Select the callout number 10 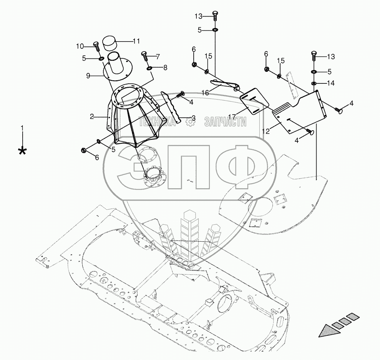(x=80, y=46)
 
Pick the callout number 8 (x=165, y=68)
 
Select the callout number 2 (x=92, y=116)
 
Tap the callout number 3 (x=193, y=118)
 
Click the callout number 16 (x=205, y=93)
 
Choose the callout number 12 (x=267, y=131)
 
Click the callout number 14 (x=331, y=83)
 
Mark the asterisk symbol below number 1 (x=23, y=151)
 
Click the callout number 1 (x=23, y=127)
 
